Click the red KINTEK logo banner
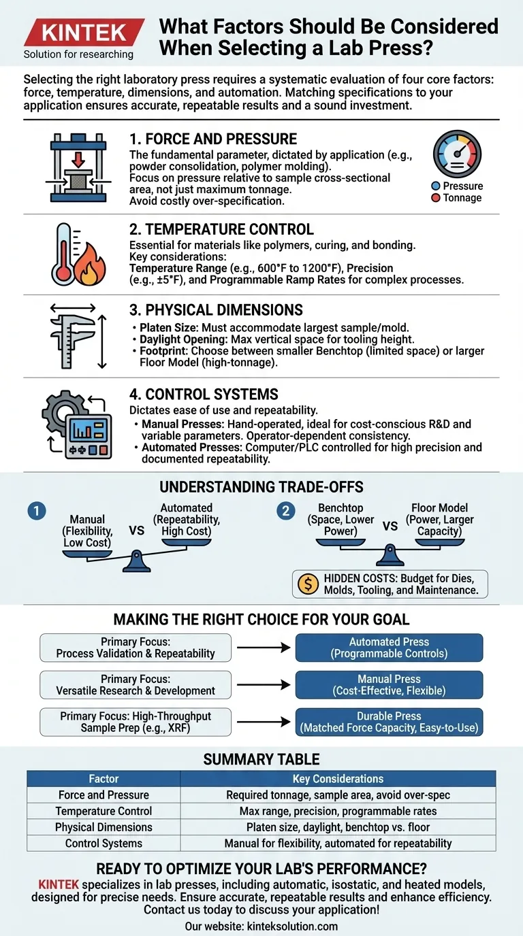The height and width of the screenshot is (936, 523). click(84, 32)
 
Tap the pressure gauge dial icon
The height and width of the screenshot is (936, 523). click(457, 154)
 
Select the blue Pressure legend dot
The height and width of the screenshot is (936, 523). click(436, 186)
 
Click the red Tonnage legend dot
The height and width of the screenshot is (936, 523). click(436, 198)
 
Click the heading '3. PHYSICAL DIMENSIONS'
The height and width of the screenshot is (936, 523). click(216, 310)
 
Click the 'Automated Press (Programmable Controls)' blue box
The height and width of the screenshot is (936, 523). click(389, 648)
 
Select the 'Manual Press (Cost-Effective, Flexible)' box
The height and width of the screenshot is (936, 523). click(389, 684)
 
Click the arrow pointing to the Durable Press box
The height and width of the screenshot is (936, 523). click(263, 722)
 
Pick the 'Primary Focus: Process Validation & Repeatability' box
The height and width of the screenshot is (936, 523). click(136, 648)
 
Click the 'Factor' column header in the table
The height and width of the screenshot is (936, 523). click(104, 779)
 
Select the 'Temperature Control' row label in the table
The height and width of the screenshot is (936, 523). click(104, 811)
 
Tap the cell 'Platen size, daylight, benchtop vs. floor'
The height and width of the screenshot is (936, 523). click(338, 827)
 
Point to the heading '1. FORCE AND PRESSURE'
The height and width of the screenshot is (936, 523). click(213, 139)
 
